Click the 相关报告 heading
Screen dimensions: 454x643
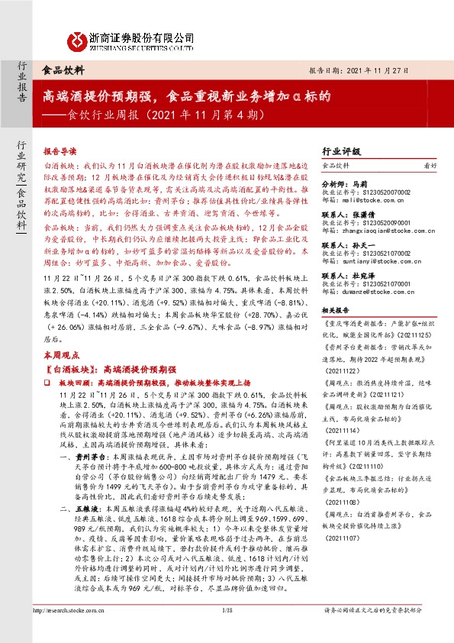336,310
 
